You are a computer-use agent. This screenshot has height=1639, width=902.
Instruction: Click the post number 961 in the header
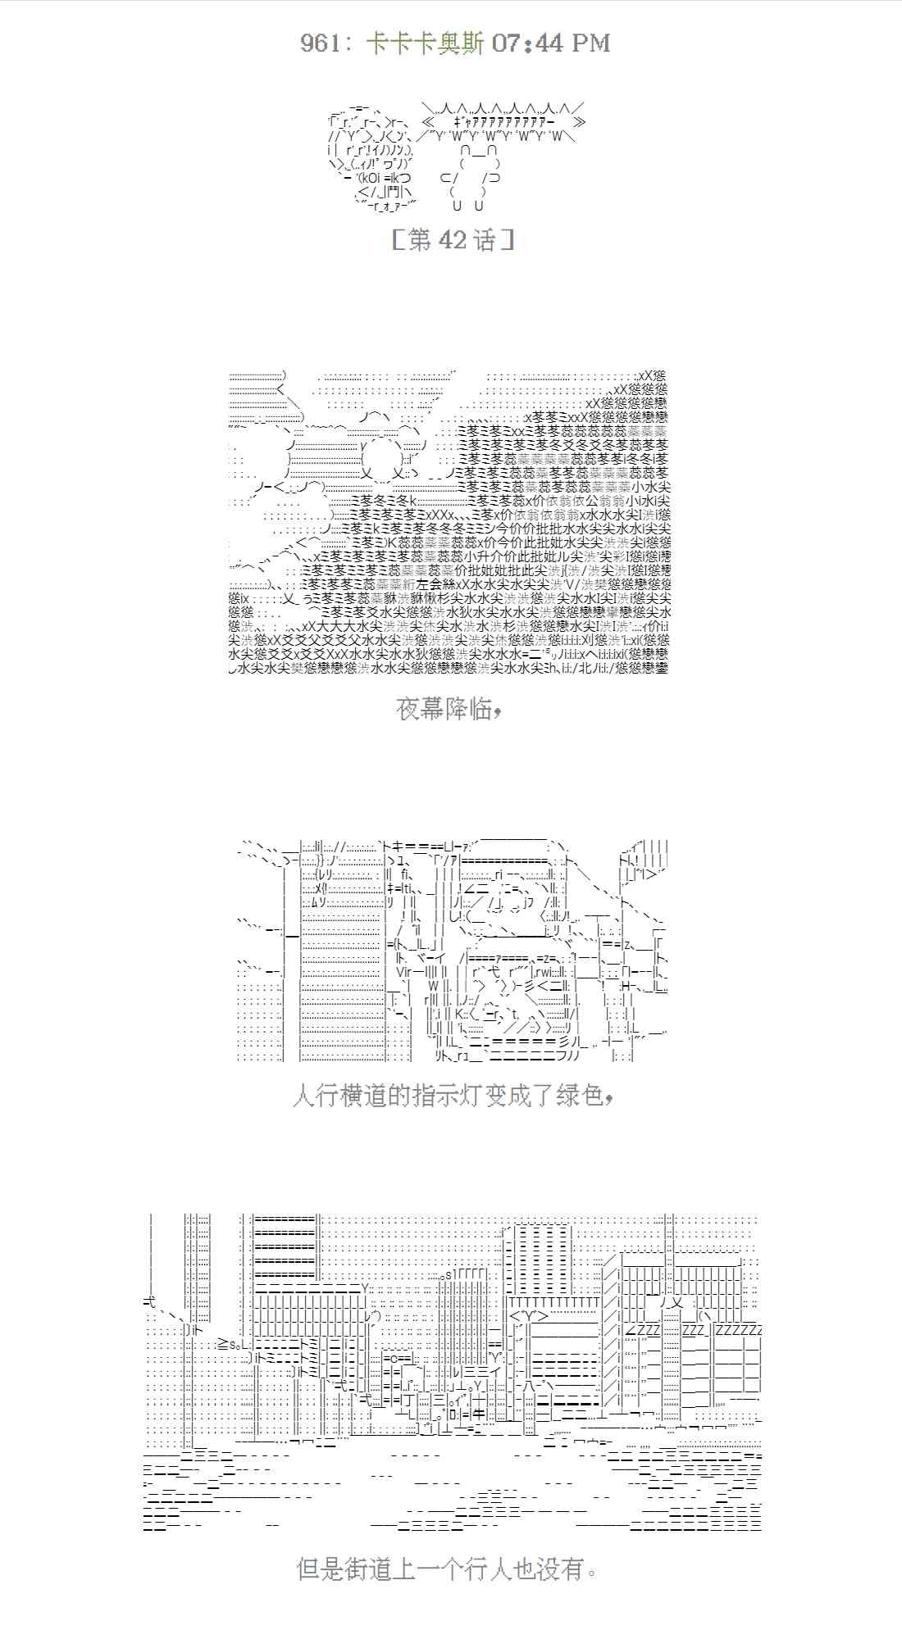click(x=319, y=43)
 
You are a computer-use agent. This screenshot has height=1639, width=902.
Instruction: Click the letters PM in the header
click(x=588, y=43)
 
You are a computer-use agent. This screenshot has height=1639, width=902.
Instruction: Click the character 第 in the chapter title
click(x=419, y=240)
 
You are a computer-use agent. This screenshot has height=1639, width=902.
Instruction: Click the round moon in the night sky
click(x=382, y=454)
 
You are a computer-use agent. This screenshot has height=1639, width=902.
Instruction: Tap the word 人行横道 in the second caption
click(x=339, y=1096)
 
